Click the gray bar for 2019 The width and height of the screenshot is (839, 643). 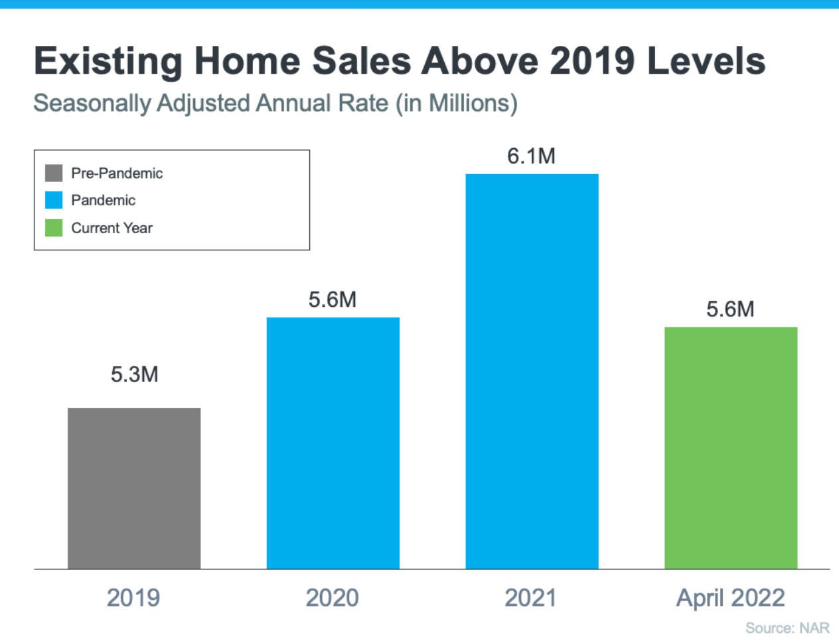(134, 488)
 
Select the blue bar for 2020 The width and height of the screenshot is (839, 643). (333, 443)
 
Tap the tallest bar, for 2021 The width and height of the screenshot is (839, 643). (532, 371)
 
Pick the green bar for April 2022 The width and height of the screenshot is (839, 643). (731, 448)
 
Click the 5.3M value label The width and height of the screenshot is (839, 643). (134, 375)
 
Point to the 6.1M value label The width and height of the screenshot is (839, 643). (531, 156)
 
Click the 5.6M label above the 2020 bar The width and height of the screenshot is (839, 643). (333, 300)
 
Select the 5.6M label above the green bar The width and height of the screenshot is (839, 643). (730, 309)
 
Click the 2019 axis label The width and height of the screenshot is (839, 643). (133, 598)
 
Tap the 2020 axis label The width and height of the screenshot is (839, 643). (333, 598)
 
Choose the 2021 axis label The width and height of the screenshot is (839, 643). (531, 598)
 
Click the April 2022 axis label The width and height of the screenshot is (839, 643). (730, 598)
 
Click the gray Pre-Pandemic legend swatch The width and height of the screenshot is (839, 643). (54, 173)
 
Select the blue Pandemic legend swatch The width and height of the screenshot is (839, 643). (54, 200)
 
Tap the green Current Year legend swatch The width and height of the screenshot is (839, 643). (54, 228)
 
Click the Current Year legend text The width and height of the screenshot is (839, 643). (112, 228)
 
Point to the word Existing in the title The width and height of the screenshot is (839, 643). (108, 61)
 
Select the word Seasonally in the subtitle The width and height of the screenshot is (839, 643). (92, 104)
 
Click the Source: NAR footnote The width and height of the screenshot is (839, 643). (787, 628)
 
